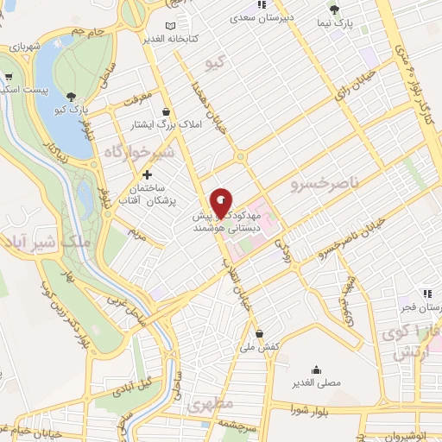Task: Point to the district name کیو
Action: point(214,63)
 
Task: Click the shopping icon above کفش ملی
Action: point(259,333)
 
